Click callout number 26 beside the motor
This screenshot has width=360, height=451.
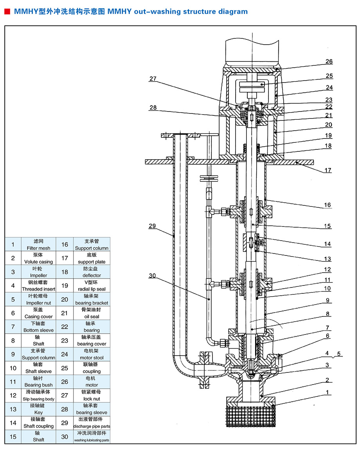(x=329, y=61)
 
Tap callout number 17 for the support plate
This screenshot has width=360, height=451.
(x=328, y=170)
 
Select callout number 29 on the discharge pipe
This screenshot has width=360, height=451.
(x=152, y=226)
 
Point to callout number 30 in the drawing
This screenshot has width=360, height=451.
(x=152, y=276)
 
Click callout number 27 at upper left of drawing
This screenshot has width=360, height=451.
(x=153, y=79)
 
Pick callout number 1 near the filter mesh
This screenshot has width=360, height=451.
(x=328, y=392)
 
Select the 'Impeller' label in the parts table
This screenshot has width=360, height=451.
(x=39, y=275)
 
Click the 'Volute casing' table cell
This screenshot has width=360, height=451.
(x=39, y=262)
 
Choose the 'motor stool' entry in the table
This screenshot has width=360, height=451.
(x=92, y=358)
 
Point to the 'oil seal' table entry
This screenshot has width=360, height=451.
(x=92, y=316)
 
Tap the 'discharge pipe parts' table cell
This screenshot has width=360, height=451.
(x=92, y=426)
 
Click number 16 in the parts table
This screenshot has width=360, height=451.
(x=65, y=245)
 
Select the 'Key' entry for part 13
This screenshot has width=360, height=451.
(x=39, y=412)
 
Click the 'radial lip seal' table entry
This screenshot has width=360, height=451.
(x=92, y=289)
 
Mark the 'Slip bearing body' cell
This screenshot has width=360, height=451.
(x=39, y=399)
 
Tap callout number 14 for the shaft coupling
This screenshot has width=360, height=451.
(x=328, y=244)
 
